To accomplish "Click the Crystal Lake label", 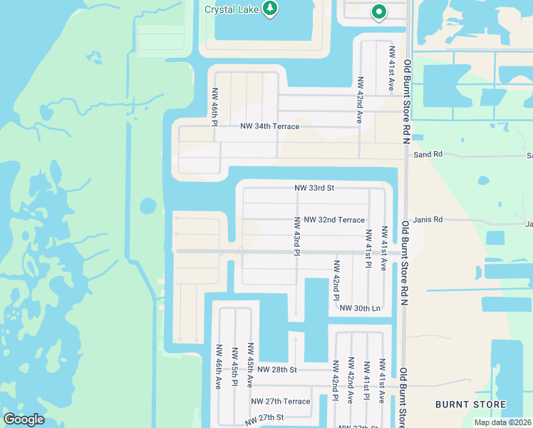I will pyautogui.click(x=231, y=9).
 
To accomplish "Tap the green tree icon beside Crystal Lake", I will pyautogui.click(x=270, y=9).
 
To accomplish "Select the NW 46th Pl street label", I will pyautogui.click(x=214, y=107).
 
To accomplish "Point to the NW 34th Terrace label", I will pyautogui.click(x=269, y=126).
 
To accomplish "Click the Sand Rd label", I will pyautogui.click(x=428, y=154).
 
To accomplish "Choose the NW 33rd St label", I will pyautogui.click(x=314, y=188).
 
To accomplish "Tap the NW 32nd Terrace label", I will pyautogui.click(x=333, y=220).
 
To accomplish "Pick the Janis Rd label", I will pyautogui.click(x=428, y=220).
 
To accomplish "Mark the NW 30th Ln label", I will pyautogui.click(x=361, y=307).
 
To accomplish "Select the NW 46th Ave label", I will pyautogui.click(x=219, y=367).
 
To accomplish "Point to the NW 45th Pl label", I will pyautogui.click(x=234, y=367).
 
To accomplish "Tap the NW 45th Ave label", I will pyautogui.click(x=250, y=365).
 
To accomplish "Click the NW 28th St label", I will pyautogui.click(x=276, y=370).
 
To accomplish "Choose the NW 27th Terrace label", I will pyautogui.click(x=280, y=401).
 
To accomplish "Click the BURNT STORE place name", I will pyautogui.click(x=470, y=404).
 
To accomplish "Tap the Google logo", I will pyautogui.click(x=24, y=419).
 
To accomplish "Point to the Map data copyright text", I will pyautogui.click(x=503, y=422).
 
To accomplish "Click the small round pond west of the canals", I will pyautogui.click(x=148, y=206).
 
